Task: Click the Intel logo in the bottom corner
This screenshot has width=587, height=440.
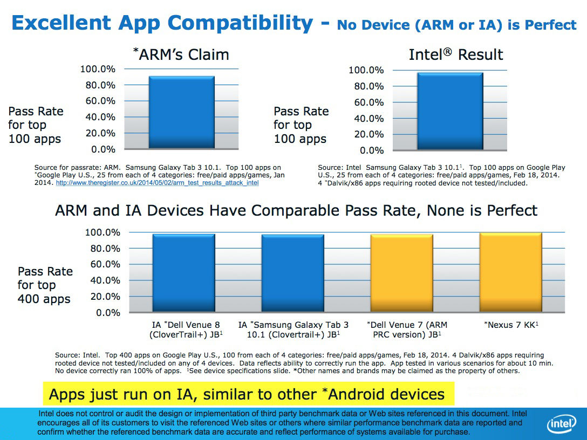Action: point(562,424)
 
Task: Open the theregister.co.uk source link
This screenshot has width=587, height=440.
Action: point(158,183)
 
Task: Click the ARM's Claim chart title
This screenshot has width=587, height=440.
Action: point(181,54)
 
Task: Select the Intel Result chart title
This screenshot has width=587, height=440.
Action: point(456,54)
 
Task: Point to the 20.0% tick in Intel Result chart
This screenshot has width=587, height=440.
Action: point(368,134)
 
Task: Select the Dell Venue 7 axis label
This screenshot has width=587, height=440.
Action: point(407,329)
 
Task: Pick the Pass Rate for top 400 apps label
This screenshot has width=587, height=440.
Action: point(45,285)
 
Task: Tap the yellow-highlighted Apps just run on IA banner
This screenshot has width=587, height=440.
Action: point(248,394)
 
